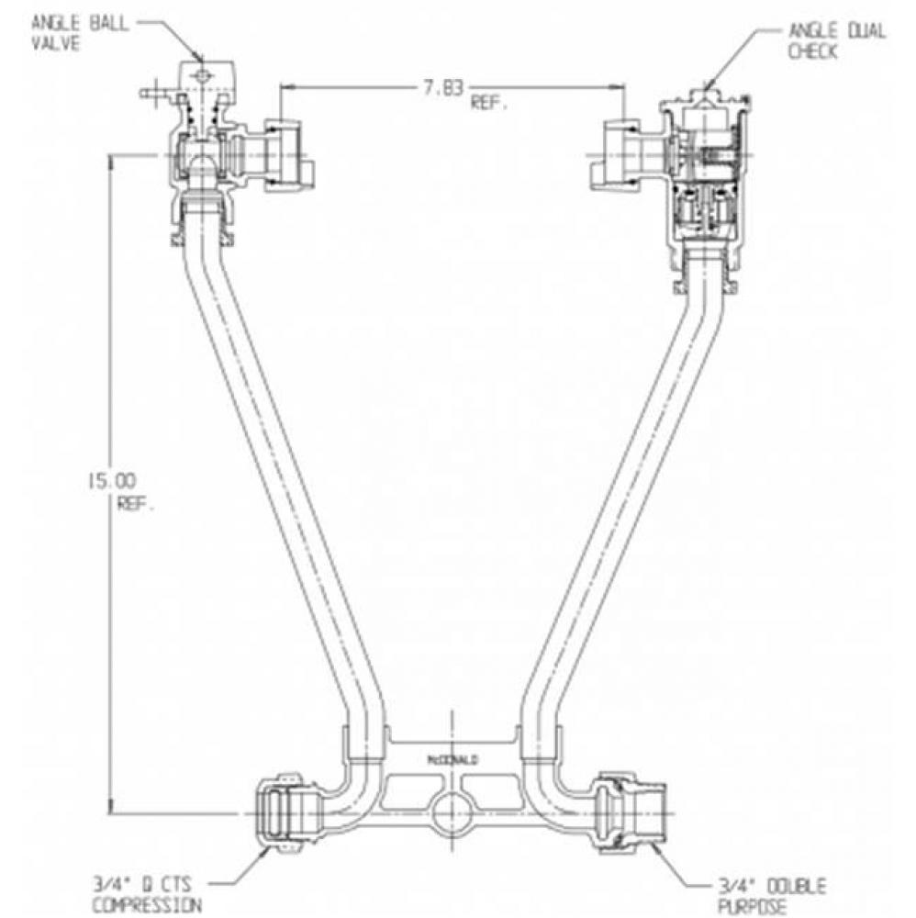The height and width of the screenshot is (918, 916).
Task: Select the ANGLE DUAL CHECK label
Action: [836, 41]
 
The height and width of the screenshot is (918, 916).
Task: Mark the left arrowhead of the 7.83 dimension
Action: [285, 87]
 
